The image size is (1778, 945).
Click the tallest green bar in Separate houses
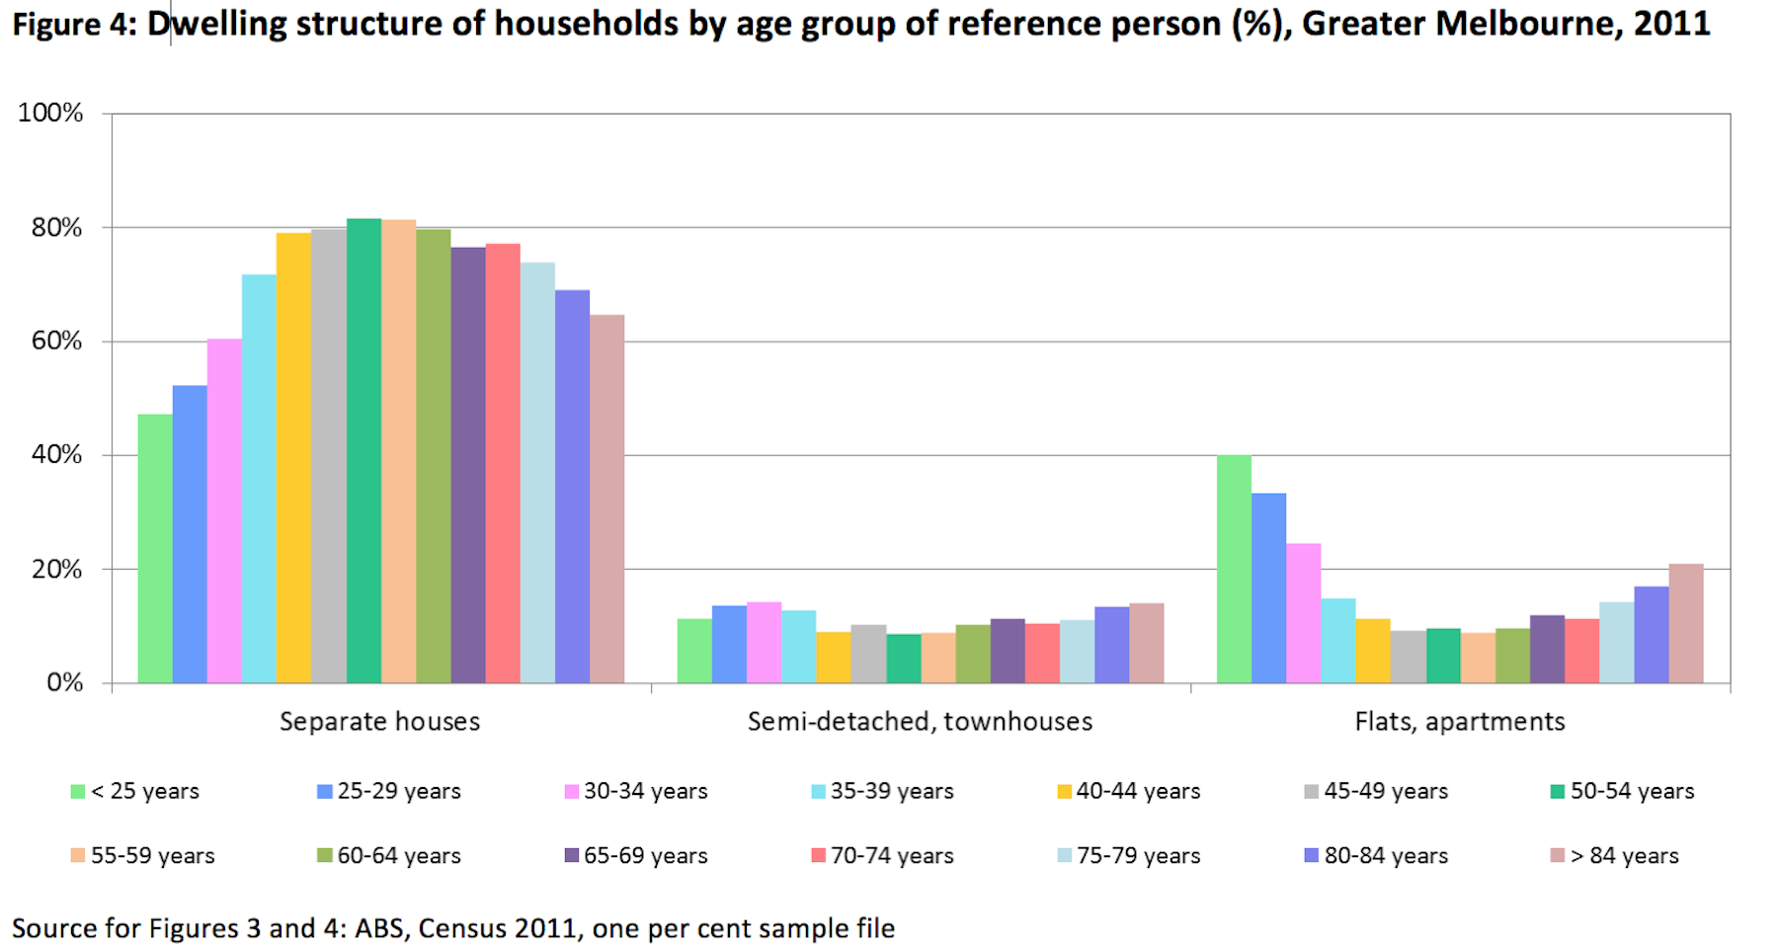[364, 450]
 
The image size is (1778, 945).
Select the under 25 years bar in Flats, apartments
[1234, 569]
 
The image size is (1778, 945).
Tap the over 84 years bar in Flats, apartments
[1685, 623]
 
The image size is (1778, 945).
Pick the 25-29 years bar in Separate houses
[190, 534]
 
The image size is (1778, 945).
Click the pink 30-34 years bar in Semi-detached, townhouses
[764, 643]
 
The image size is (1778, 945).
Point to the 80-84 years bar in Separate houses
[572, 486]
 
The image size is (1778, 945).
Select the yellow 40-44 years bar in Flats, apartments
[1373, 651]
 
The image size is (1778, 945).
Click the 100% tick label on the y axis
[50, 113]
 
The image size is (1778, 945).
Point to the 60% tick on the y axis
[56, 342]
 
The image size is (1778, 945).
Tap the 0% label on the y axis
[64, 683]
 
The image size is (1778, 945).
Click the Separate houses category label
[379, 722]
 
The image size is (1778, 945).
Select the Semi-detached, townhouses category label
[920, 722]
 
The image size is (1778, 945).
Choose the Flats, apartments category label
[1459, 722]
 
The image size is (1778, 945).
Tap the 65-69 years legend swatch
[572, 855]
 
